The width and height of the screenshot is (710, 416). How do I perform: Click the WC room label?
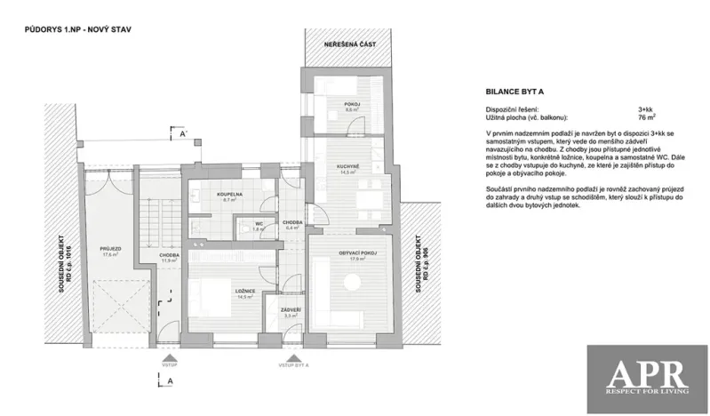[259, 224]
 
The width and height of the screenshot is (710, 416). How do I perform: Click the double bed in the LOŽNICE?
[208, 293]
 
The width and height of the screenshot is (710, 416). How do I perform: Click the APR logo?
[646, 374]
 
